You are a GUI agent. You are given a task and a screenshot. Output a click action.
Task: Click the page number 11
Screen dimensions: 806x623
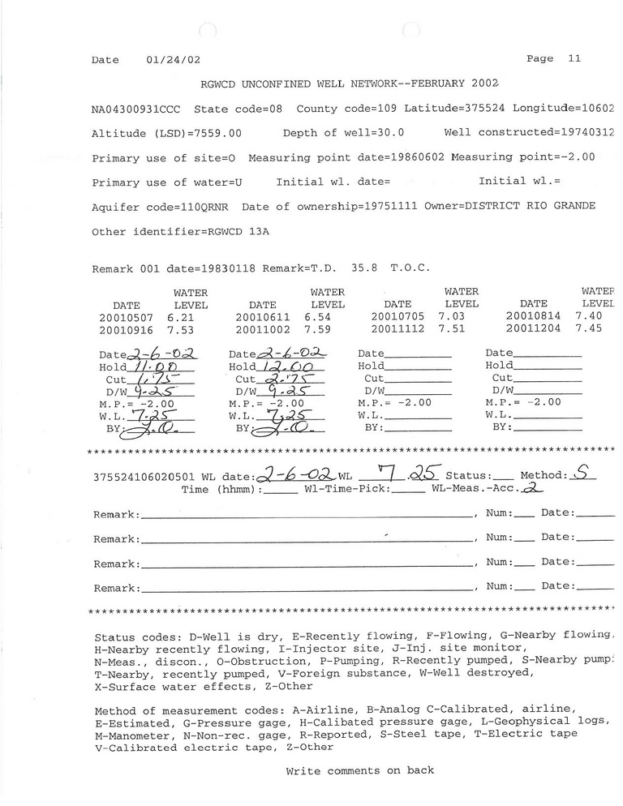point(574,58)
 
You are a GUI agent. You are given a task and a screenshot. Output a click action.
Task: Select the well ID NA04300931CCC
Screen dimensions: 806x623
point(137,109)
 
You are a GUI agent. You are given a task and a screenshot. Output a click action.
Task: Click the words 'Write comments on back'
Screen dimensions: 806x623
point(359,770)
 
